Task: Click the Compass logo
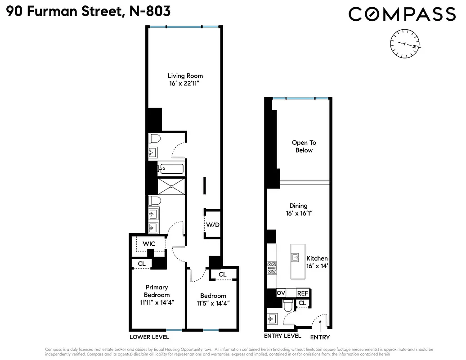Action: click(x=402, y=14)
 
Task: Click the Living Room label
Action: click(x=185, y=76)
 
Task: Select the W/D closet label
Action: click(x=212, y=225)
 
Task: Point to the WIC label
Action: click(x=149, y=243)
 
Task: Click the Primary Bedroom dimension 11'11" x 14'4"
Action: click(x=157, y=302)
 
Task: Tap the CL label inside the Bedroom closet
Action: click(x=222, y=274)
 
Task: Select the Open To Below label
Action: click(x=304, y=147)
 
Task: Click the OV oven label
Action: click(x=282, y=293)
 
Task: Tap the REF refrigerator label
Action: click(x=303, y=293)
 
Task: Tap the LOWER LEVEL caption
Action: click(x=149, y=337)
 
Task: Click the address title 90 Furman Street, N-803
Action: click(x=88, y=11)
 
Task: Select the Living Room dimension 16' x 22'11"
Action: click(x=185, y=83)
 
